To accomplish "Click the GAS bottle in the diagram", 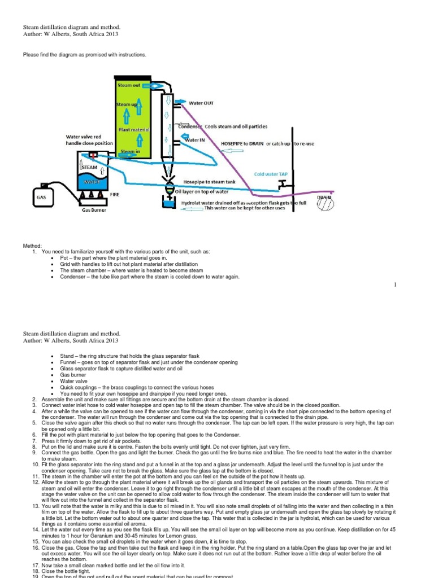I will (42, 198).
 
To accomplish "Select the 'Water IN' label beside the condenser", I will (196, 139).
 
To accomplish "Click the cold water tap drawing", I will (281, 185).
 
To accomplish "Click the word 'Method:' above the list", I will (32, 246).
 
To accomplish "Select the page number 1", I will (398, 284).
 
